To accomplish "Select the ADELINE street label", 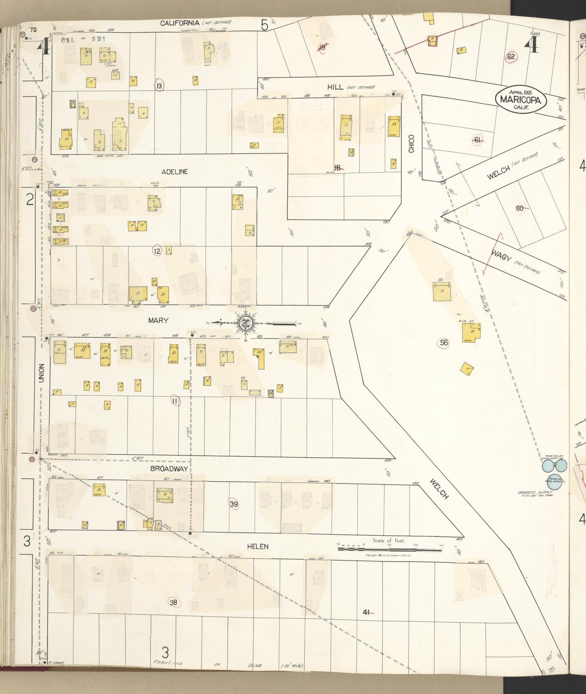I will pyautogui.click(x=174, y=172).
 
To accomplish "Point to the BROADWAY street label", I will pyautogui.click(x=169, y=469).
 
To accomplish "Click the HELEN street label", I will pyautogui.click(x=257, y=546).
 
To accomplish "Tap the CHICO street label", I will pyautogui.click(x=411, y=143).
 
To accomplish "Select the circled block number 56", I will pyautogui.click(x=444, y=343).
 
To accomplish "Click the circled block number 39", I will pyautogui.click(x=234, y=504).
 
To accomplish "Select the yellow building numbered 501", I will pyautogui.click(x=441, y=291).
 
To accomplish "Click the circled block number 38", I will pyautogui.click(x=173, y=603).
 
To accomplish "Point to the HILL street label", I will pyautogui.click(x=335, y=87).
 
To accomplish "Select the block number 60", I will pyautogui.click(x=519, y=208).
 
